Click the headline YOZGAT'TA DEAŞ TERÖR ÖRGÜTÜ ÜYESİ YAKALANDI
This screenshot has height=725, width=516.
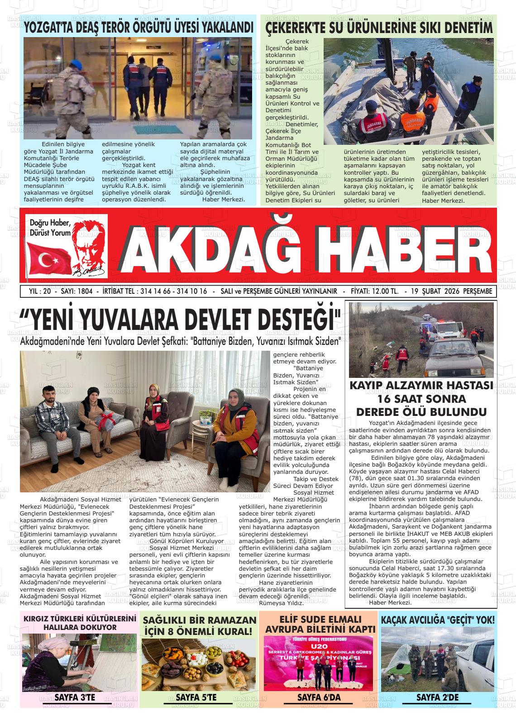click(x=138, y=27)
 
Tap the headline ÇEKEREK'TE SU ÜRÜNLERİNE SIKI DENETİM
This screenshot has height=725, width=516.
click(x=378, y=28)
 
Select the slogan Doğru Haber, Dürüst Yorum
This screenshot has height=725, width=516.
click(x=50, y=228)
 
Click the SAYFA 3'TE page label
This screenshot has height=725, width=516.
click(x=75, y=697)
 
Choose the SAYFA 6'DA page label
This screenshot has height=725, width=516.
click(x=319, y=697)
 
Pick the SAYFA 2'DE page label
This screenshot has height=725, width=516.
click(x=438, y=697)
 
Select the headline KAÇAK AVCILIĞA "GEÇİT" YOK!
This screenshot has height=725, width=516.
click(x=438, y=620)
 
